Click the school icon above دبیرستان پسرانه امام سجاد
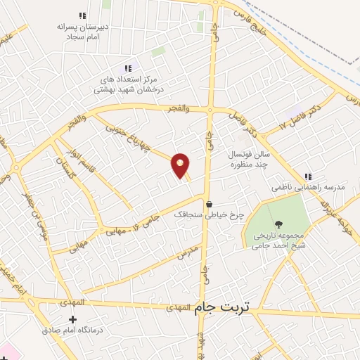[x=82, y=15]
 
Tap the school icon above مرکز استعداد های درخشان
[x=127, y=68]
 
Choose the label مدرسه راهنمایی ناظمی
[x=303, y=190]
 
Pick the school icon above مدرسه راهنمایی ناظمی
[x=307, y=176]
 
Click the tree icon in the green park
[x=280, y=224]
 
